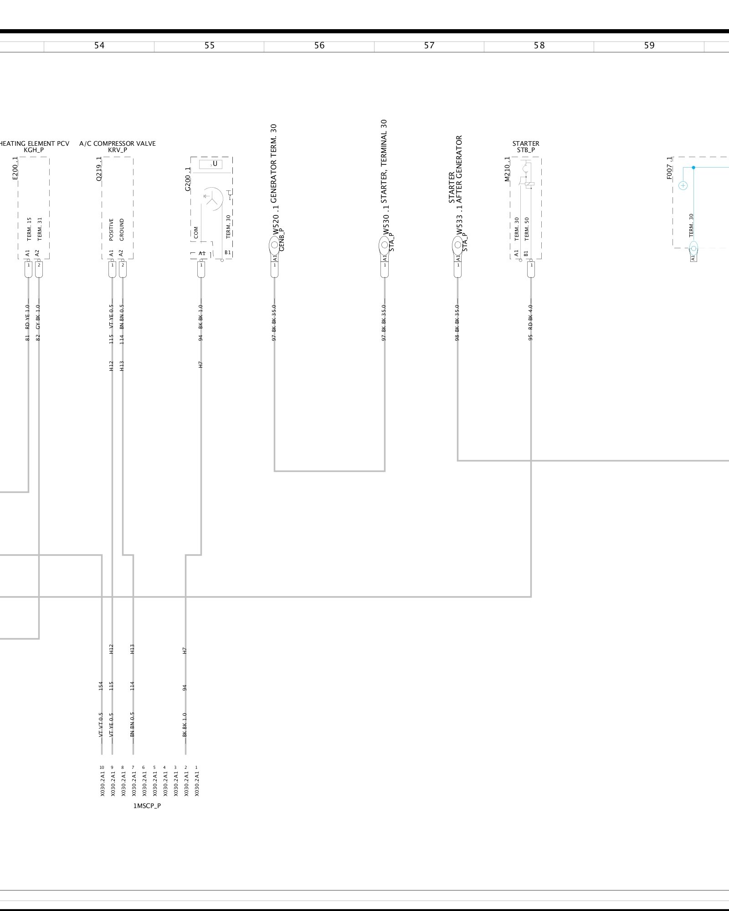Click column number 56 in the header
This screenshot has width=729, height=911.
pyautogui.click(x=319, y=46)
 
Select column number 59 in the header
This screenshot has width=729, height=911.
pyautogui.click(x=649, y=46)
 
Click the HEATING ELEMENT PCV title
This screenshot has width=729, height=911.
pyautogui.click(x=34, y=143)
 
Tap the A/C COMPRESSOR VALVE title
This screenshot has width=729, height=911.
pyautogui.click(x=118, y=143)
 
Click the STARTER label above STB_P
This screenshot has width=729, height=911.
pyautogui.click(x=526, y=143)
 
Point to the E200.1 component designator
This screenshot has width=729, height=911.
pyautogui.click(x=15, y=168)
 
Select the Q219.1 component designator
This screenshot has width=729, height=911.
pyautogui.click(x=99, y=168)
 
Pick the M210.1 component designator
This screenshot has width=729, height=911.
pyautogui.click(x=507, y=169)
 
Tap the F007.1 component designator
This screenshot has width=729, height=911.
pyautogui.click(x=669, y=168)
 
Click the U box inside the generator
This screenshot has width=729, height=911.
pyautogui.click(x=211, y=164)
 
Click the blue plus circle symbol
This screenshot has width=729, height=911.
pyautogui.click(x=683, y=185)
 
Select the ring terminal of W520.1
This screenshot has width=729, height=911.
pyautogui.click(x=274, y=246)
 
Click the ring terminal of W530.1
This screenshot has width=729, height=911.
pyautogui.click(x=385, y=246)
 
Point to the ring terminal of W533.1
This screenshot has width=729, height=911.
pyautogui.click(x=458, y=246)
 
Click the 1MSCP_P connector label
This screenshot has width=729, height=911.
pyautogui.click(x=147, y=806)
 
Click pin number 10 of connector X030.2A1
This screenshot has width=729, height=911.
pyautogui.click(x=102, y=768)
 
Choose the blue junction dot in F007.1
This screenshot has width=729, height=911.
pyautogui.click(x=693, y=168)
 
